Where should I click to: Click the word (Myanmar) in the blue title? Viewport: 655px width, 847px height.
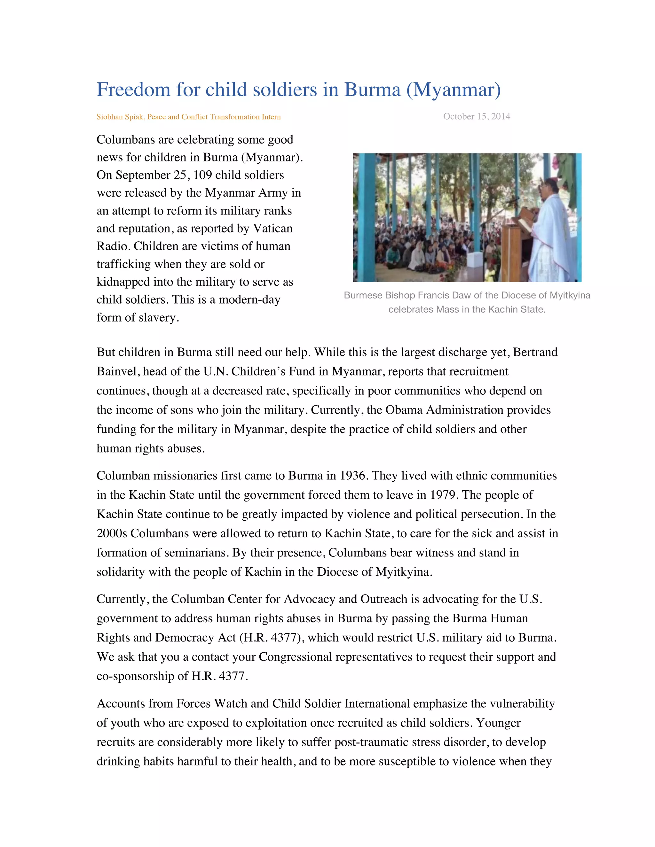coord(453,90)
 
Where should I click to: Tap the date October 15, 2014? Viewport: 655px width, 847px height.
coord(477,116)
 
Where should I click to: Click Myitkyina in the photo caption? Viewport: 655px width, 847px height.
coord(570,296)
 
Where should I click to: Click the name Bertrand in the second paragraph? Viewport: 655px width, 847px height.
coord(535,352)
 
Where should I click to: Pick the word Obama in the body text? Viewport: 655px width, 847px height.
coord(404,410)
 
